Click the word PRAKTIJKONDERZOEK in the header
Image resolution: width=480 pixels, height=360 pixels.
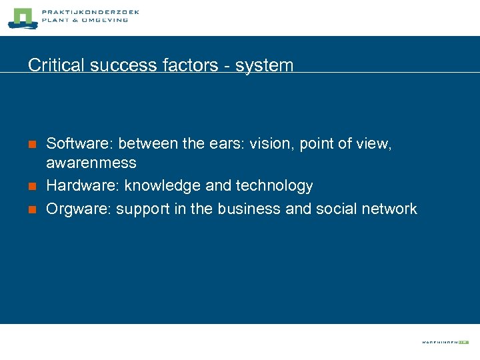tap(90, 13)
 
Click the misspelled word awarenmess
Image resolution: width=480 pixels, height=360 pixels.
tap(91, 163)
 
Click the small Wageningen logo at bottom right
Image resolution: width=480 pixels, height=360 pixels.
tap(445, 342)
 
